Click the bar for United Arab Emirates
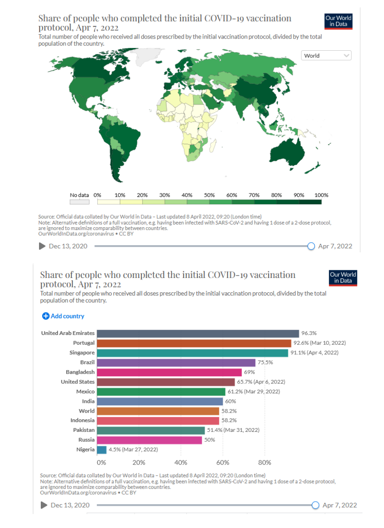pos(198,334)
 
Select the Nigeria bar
pos(101,449)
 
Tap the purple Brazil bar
pos(176,362)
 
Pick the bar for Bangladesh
pos(170,372)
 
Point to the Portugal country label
pos(84,343)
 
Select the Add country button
pos(63,316)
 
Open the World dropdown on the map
pos(326,56)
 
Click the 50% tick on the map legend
pos(209,195)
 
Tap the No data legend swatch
pos(80,202)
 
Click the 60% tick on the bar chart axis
pos(223,463)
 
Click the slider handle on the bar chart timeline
pos(315,505)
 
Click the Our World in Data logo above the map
pos(338,22)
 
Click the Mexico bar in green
pos(161,392)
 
